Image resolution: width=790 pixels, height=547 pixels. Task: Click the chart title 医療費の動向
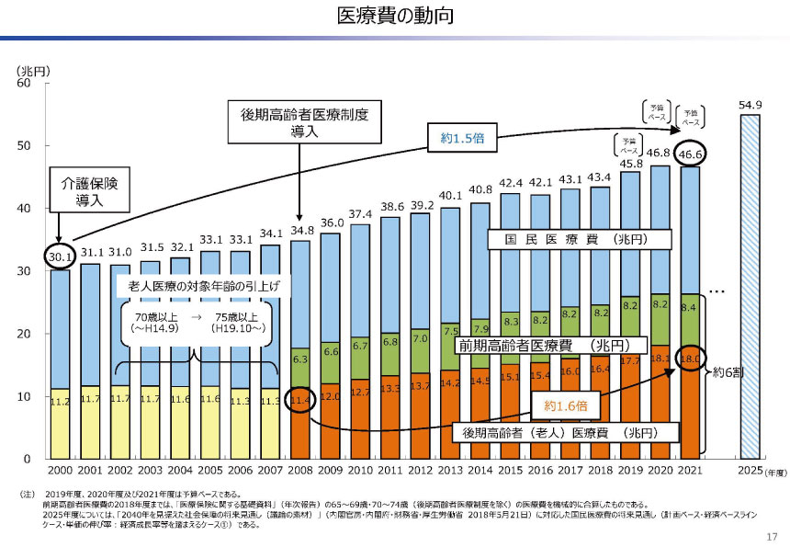(395, 17)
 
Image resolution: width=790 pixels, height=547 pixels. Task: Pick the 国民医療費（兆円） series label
(579, 239)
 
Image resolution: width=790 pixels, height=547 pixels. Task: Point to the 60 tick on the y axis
(26, 84)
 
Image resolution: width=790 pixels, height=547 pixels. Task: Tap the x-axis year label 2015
(510, 472)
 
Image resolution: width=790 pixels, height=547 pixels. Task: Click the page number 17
(771, 537)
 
